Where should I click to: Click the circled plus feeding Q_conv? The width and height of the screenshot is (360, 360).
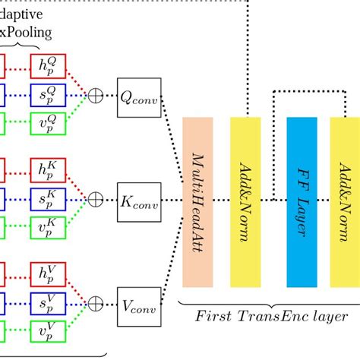tap(96, 96)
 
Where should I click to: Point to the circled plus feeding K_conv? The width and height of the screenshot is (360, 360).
tap(96, 200)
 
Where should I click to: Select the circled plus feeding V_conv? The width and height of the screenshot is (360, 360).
tap(96, 304)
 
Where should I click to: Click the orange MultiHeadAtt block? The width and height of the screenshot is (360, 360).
tap(197, 201)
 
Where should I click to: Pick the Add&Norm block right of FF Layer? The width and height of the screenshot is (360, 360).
tap(344, 201)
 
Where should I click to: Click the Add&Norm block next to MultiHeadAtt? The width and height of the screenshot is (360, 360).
tap(245, 201)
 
